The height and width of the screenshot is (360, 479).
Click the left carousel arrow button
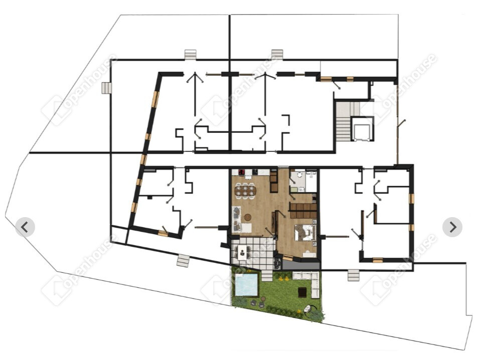[x=25, y=227]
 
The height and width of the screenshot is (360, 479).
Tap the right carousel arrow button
[x=452, y=227]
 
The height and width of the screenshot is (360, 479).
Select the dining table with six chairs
[x=245, y=191]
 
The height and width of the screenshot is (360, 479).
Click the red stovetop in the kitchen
[x=242, y=172]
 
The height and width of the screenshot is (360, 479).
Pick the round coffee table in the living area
[x=248, y=217]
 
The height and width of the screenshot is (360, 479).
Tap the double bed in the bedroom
[x=305, y=233]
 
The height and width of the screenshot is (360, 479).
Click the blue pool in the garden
[x=246, y=285]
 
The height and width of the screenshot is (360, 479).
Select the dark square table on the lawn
[x=302, y=292]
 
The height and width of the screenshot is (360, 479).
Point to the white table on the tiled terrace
[x=242, y=253]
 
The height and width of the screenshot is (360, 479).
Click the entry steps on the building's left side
[x=107, y=88]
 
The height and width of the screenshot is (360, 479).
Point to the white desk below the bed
[x=308, y=254]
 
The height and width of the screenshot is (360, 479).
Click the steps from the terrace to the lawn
[x=267, y=276]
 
